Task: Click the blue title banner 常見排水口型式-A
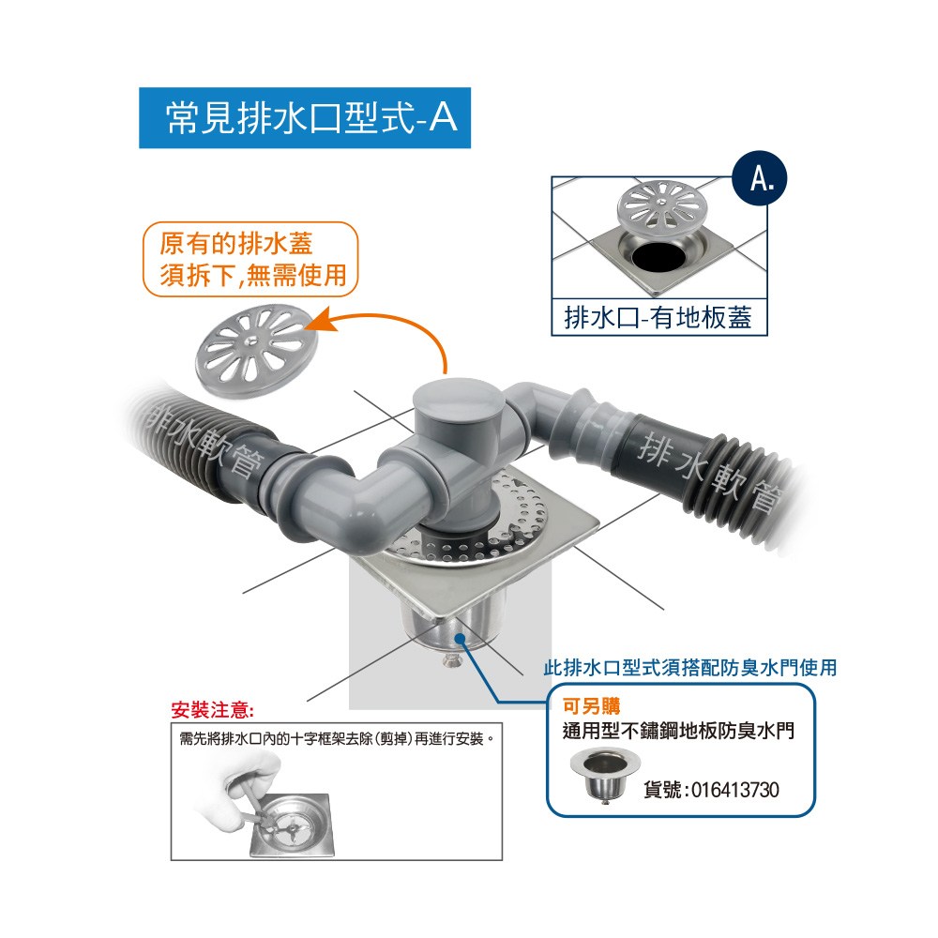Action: (305, 118)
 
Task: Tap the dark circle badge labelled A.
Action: (760, 178)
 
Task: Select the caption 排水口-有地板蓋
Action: (658, 317)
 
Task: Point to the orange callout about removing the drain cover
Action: (250, 260)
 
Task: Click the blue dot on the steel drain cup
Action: (460, 638)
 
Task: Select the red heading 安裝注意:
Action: (212, 710)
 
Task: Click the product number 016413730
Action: (735, 790)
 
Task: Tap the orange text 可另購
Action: (591, 706)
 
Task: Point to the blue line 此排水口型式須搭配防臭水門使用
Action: (690, 668)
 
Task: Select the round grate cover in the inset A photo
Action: (662, 206)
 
